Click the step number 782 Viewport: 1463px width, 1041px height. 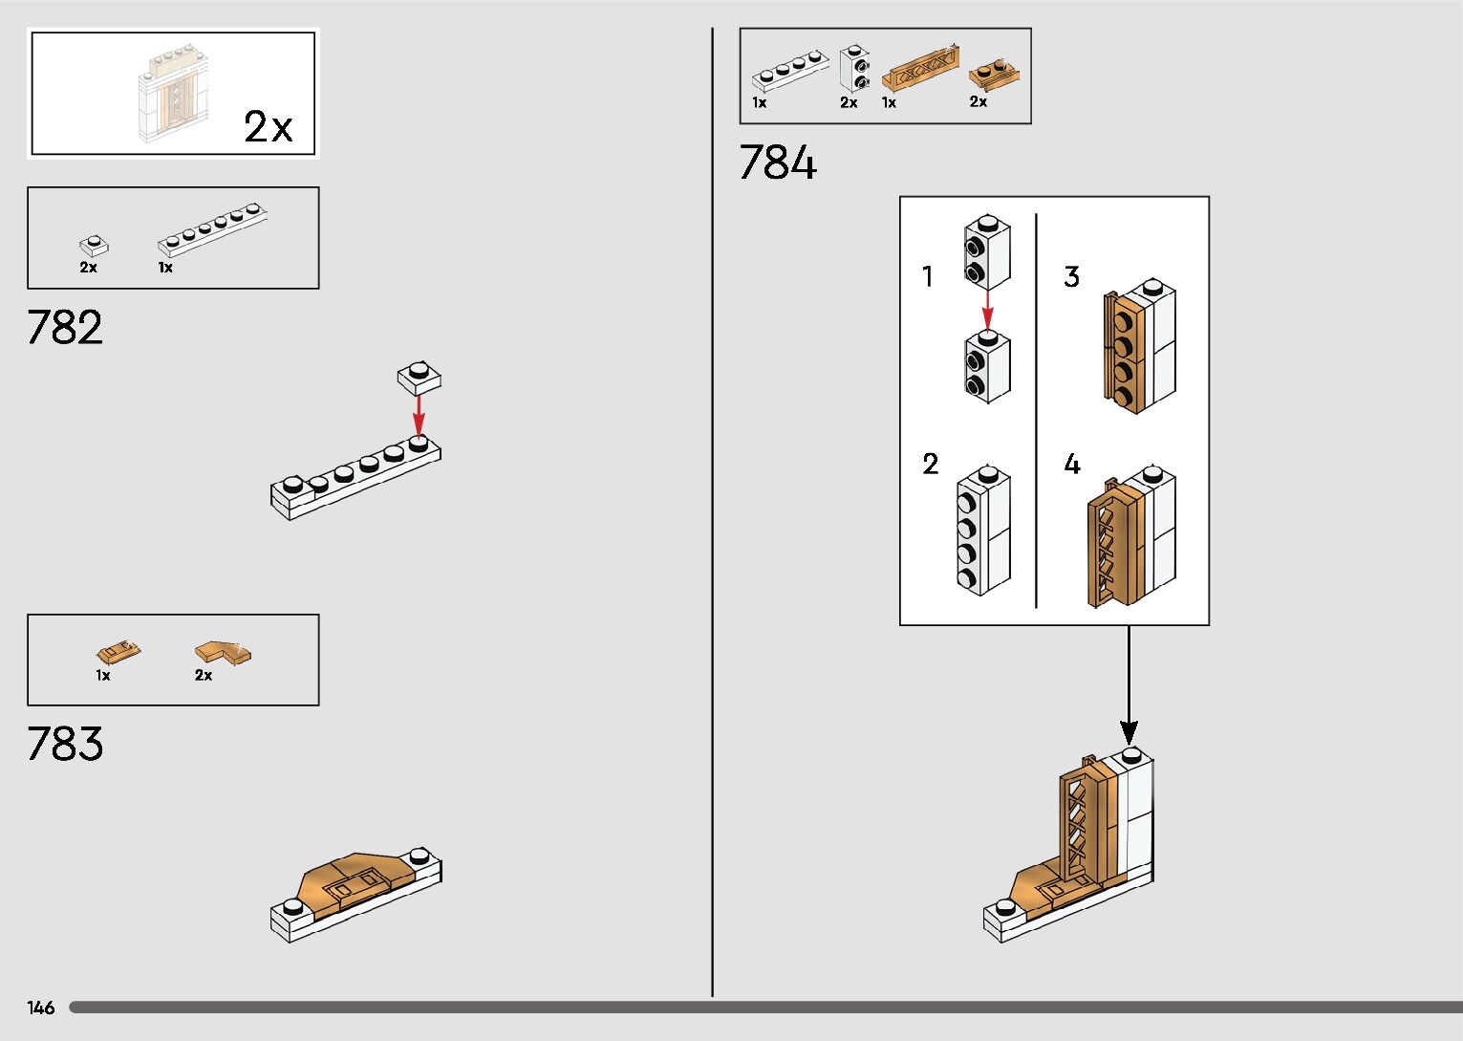[x=65, y=327]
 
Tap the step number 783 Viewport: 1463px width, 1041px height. [x=65, y=744]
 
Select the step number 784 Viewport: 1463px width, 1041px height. [x=778, y=163]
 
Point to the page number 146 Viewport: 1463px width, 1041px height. [x=41, y=1008]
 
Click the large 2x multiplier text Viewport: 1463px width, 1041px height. [x=269, y=127]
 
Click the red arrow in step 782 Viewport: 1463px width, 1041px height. [x=419, y=415]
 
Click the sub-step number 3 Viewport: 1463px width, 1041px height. [x=1071, y=277]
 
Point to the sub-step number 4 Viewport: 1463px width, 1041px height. [x=1072, y=465]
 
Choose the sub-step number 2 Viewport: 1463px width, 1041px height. [x=930, y=465]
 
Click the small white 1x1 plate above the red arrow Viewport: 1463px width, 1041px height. [x=420, y=378]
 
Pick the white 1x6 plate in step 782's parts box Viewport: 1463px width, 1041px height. [x=212, y=229]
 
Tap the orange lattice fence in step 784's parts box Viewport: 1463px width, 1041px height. [x=921, y=67]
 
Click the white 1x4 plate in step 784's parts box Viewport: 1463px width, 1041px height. [x=789, y=71]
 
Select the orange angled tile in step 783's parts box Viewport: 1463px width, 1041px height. [x=224, y=652]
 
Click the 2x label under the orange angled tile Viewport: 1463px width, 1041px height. [x=204, y=676]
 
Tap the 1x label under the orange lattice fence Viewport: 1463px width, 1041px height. [x=889, y=102]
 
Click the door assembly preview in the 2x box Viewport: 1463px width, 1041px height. [x=175, y=94]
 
